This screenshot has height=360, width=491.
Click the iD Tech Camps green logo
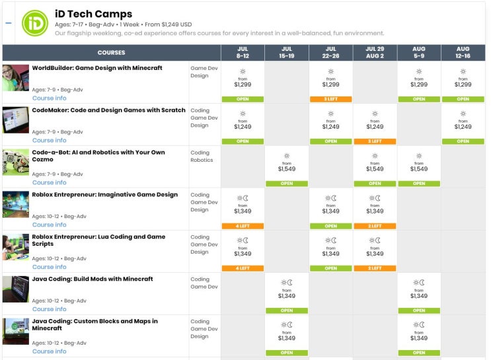tap(34, 22)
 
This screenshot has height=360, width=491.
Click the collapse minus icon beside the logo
tap(9, 22)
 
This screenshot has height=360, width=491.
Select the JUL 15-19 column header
tap(286, 53)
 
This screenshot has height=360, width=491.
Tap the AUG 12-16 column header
tap(463, 53)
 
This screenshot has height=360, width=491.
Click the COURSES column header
tap(111, 53)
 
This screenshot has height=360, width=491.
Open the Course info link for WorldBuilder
tap(49, 98)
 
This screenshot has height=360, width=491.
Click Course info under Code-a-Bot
tap(49, 183)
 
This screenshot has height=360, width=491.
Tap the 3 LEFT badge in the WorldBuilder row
tap(330, 99)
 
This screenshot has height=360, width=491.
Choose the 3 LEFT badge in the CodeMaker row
tap(375, 141)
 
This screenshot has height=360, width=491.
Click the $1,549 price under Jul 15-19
tap(286, 169)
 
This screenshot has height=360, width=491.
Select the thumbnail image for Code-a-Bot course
tap(16, 162)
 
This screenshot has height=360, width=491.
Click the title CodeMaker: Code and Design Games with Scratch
tap(108, 110)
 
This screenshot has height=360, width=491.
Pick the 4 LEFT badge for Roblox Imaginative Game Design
tap(243, 226)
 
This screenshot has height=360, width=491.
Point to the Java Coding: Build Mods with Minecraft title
tap(93, 279)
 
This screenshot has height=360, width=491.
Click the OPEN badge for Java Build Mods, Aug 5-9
tap(418, 310)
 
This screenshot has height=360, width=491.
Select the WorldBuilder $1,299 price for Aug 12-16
tap(463, 85)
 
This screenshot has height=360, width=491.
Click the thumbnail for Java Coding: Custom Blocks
tap(16, 332)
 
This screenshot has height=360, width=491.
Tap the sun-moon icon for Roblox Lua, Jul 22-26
tap(330, 240)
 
